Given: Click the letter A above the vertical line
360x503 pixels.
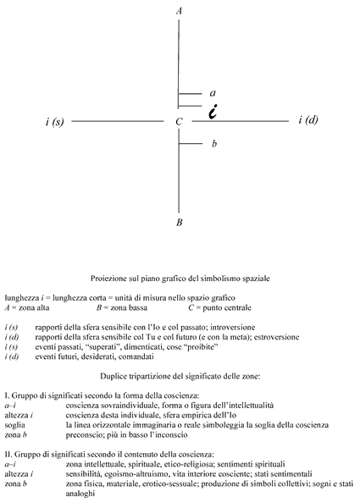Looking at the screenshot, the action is (179, 11).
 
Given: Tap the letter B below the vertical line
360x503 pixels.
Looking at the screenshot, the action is (180, 222).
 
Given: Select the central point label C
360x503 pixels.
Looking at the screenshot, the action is (179, 122).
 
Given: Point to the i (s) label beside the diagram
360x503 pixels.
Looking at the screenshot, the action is (54, 122).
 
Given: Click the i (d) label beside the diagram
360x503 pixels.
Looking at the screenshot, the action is (308, 119).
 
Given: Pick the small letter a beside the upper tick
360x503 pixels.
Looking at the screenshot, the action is (213, 93).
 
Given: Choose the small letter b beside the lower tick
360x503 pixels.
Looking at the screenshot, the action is (214, 143).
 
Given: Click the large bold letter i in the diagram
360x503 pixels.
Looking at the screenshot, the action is (213, 112).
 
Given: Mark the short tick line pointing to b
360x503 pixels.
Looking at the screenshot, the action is (191, 143).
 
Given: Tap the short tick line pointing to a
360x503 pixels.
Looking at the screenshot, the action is (190, 94).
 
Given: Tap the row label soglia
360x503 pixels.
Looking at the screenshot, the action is (14, 425).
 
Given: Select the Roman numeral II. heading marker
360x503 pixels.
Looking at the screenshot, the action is (8, 454).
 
